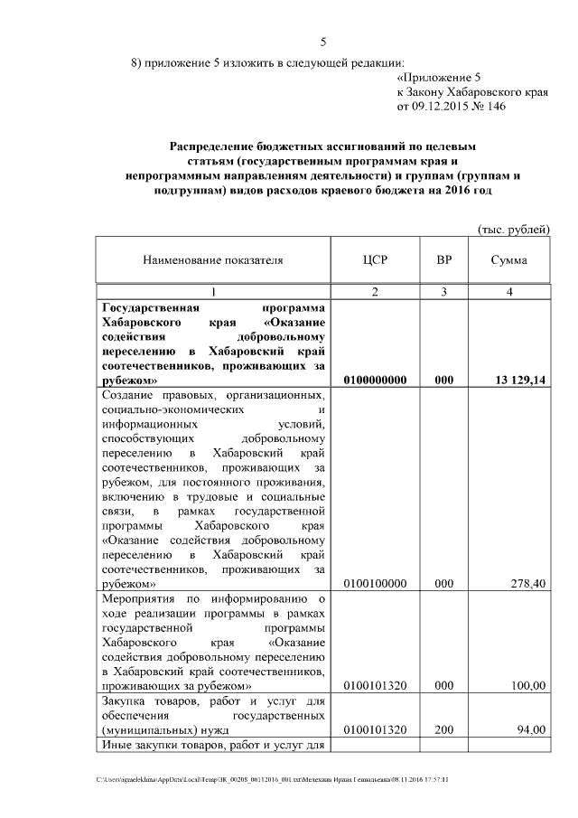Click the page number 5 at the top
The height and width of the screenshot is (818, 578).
[322, 42]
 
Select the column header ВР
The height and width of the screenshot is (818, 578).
[444, 260]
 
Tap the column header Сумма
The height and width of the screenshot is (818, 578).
[509, 260]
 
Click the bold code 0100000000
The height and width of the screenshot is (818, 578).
[376, 381]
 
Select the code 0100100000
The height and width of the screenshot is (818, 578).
[376, 584]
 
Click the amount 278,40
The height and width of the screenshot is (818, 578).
[527, 584]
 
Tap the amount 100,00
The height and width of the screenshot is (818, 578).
[527, 686]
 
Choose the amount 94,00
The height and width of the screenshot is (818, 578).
[530, 729]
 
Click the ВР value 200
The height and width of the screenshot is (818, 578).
[444, 729]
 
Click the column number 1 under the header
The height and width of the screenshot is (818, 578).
[213, 291]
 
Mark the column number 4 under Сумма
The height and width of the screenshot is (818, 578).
[510, 291]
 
